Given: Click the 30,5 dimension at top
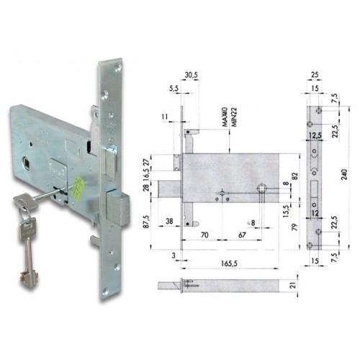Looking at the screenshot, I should point(191,74).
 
